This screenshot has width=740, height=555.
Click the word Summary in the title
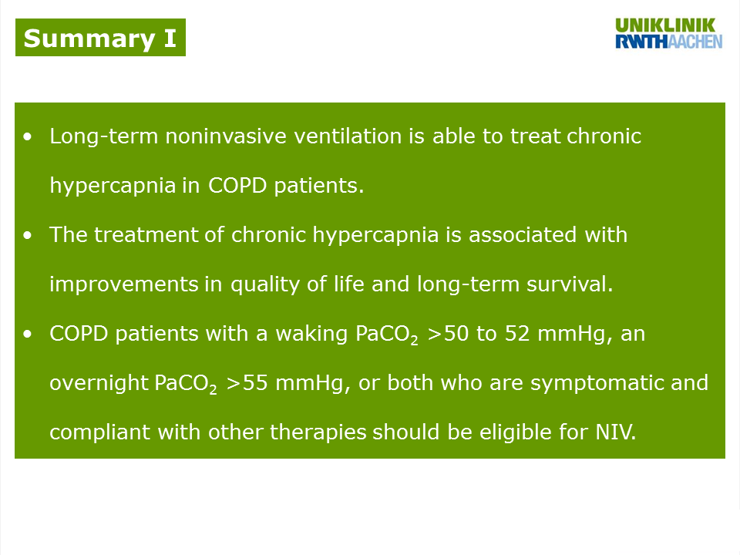[x=89, y=39]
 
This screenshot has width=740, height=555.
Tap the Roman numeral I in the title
[x=170, y=38]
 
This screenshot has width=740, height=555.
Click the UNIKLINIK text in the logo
[x=665, y=25]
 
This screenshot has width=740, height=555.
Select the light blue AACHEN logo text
[x=695, y=42]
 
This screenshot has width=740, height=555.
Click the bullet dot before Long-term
[x=28, y=137]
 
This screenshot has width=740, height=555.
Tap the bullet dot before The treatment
[x=28, y=235]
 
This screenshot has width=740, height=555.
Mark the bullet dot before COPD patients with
[x=28, y=334]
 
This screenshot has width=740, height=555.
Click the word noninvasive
[x=226, y=136]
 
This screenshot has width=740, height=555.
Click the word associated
[x=523, y=234]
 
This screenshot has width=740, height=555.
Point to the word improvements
[x=123, y=284]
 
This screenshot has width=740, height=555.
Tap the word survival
[x=570, y=284]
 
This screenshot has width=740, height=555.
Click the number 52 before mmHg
[x=517, y=334]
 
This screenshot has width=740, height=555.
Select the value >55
[x=247, y=383]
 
